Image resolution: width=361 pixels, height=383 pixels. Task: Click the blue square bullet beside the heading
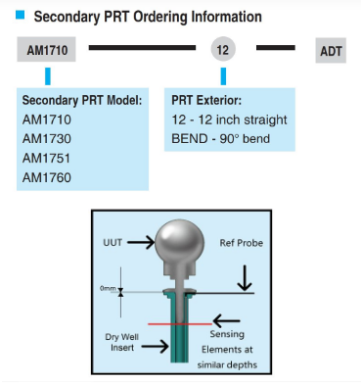coord(21,15)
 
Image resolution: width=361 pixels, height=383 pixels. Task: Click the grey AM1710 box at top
coord(46,49)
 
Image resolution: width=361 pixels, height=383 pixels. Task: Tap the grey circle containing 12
coord(223,49)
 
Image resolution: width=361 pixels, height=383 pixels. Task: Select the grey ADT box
coord(331,50)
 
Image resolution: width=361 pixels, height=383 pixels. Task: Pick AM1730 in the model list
coord(47,139)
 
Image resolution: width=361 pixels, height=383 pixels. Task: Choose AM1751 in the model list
coord(46,159)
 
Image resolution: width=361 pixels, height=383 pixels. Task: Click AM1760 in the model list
coord(47,177)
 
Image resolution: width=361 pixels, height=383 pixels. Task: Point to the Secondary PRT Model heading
coord(82,100)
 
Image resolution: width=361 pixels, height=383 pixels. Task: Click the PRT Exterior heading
coord(206,100)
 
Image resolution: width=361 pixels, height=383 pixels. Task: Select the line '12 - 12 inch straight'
coord(229,120)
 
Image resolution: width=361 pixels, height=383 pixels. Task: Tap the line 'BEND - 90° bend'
coord(220,139)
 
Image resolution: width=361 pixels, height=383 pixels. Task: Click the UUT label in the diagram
coord(113,243)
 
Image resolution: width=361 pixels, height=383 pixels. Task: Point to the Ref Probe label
coord(242,243)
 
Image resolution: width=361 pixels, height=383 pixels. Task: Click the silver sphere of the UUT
coord(179,243)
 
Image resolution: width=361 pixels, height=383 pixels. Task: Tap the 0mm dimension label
coord(108,288)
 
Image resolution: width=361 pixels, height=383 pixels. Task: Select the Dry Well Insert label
coord(121,342)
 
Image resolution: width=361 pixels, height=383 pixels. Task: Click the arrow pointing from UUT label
coord(141,242)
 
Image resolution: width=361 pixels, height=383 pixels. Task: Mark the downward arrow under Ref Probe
coord(245,278)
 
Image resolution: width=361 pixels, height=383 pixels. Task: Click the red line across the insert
coord(180,324)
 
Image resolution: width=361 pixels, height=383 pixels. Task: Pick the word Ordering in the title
coord(161,17)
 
